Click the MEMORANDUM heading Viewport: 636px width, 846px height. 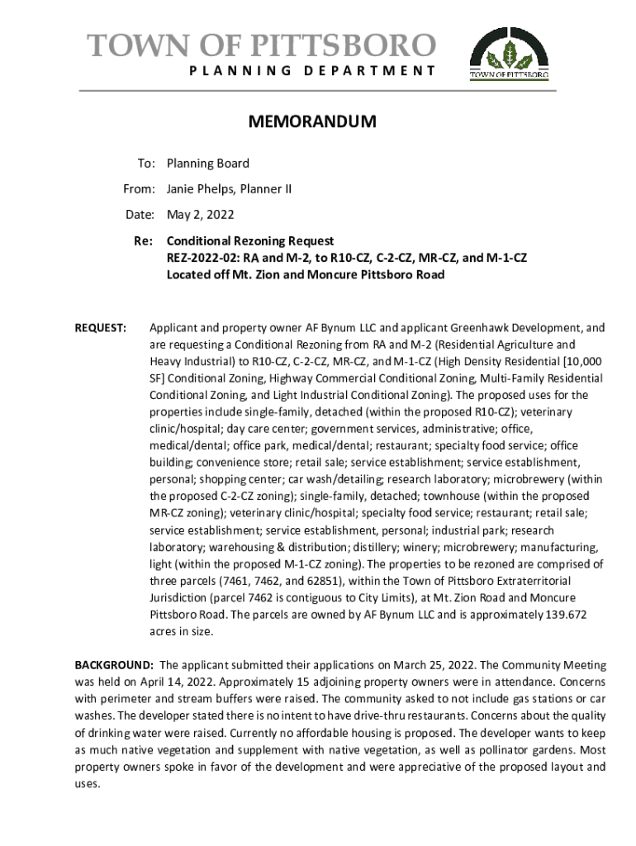point(312,122)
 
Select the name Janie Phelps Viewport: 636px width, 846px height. point(201,189)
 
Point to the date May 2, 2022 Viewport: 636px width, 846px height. point(201,215)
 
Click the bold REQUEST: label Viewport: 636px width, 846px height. point(101,328)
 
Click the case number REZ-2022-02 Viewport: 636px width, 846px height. point(202,258)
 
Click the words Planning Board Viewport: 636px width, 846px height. point(207,164)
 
